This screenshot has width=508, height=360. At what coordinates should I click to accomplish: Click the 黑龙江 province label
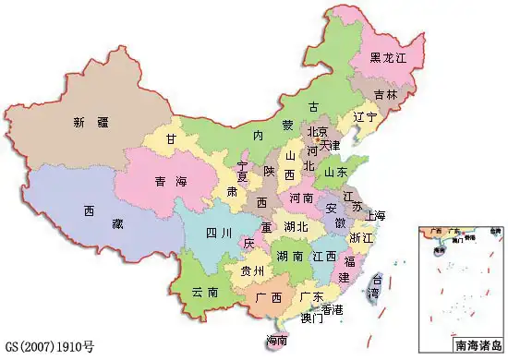click(389, 57)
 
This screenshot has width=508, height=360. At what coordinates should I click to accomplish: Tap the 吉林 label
click(387, 94)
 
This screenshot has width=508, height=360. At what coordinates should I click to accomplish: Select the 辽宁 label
click(365, 118)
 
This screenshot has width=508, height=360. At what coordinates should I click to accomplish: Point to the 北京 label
click(318, 131)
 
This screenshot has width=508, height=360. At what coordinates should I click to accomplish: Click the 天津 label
click(330, 146)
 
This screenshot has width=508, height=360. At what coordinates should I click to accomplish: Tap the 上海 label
click(375, 216)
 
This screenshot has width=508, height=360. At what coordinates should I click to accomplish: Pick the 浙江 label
click(361, 238)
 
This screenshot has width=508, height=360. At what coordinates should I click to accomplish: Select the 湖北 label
click(296, 227)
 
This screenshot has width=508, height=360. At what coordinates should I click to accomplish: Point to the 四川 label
click(217, 231)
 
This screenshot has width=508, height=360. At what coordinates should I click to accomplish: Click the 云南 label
click(205, 292)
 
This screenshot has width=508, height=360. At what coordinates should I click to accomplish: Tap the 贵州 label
click(252, 271)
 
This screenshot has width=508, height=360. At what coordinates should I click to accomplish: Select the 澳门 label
click(311, 319)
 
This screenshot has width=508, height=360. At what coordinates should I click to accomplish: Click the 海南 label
click(275, 341)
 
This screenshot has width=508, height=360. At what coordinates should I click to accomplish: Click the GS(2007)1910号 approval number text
click(50, 348)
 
